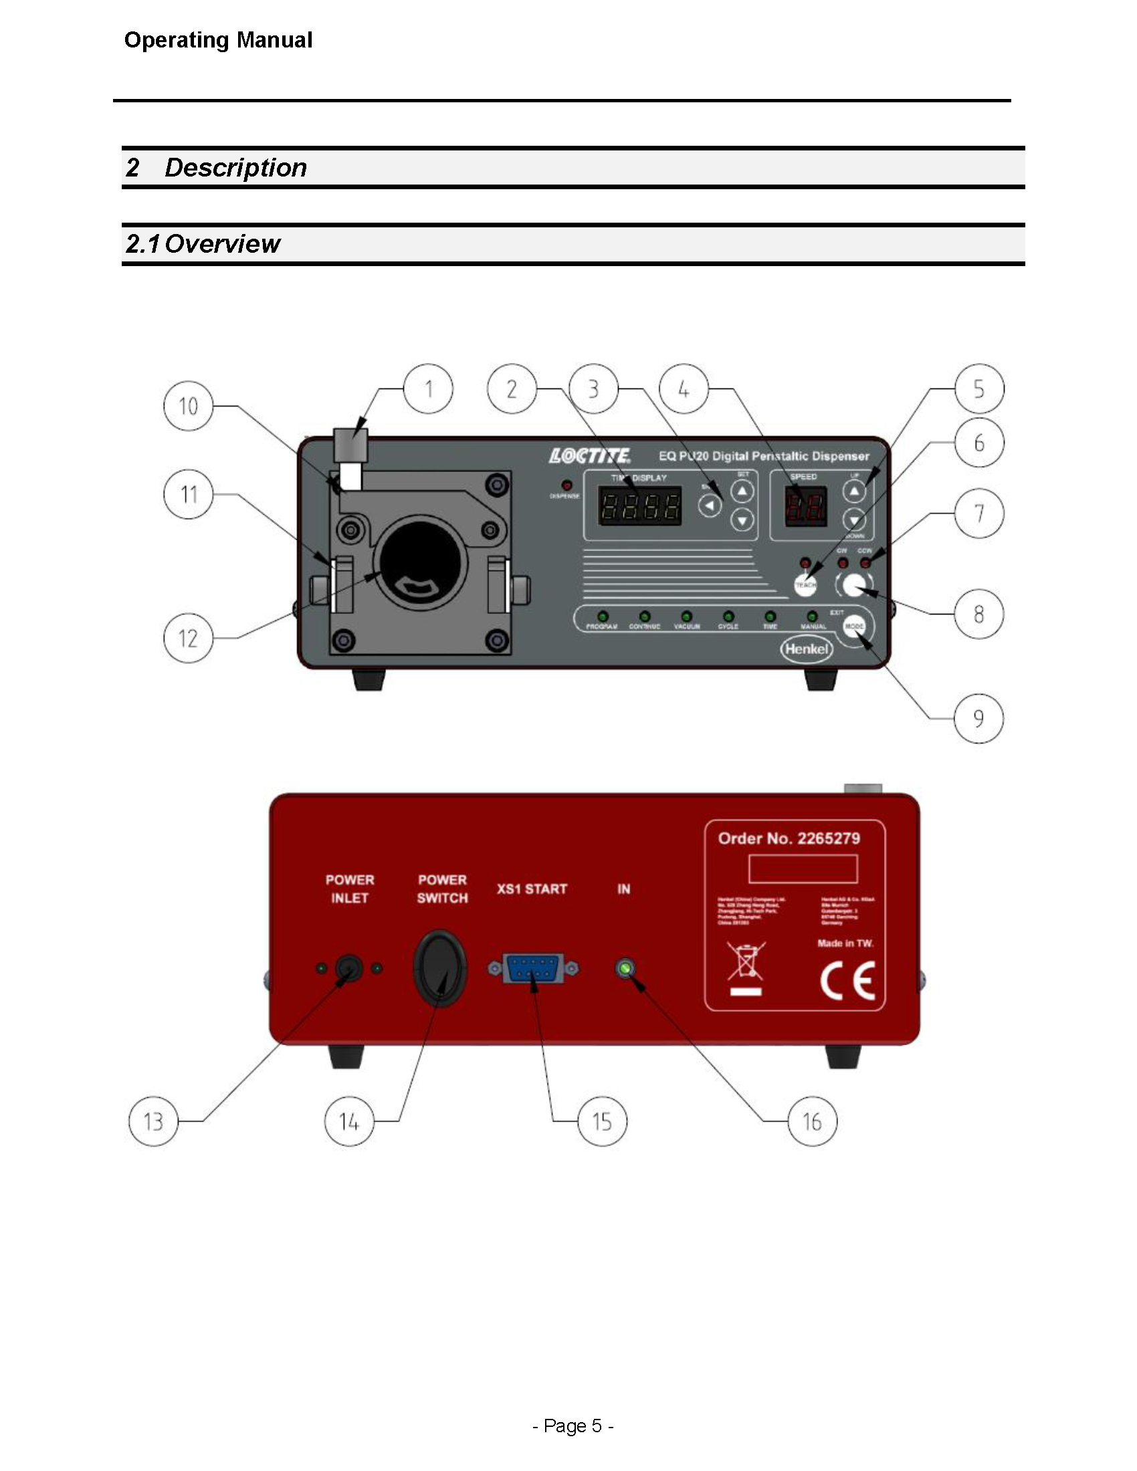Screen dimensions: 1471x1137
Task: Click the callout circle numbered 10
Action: click(189, 405)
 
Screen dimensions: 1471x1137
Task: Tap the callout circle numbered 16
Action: click(812, 1121)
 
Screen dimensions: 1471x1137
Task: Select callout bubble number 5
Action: click(978, 388)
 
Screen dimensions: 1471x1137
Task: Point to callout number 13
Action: click(153, 1121)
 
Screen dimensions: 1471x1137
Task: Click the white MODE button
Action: click(854, 627)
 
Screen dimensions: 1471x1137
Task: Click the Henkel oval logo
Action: click(807, 649)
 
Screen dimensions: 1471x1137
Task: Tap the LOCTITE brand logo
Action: click(590, 456)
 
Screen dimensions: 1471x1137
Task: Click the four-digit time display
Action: click(640, 506)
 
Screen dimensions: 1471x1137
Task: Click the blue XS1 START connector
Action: click(533, 969)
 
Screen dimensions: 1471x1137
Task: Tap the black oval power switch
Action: click(440, 969)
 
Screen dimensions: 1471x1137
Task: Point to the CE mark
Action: click(847, 981)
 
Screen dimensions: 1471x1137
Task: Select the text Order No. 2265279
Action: click(789, 838)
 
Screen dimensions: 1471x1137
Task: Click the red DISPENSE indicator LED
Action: click(566, 485)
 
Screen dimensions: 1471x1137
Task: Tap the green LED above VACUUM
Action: click(686, 616)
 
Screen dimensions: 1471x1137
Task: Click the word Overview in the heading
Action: click(222, 244)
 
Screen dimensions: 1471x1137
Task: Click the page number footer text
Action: click(573, 1426)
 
